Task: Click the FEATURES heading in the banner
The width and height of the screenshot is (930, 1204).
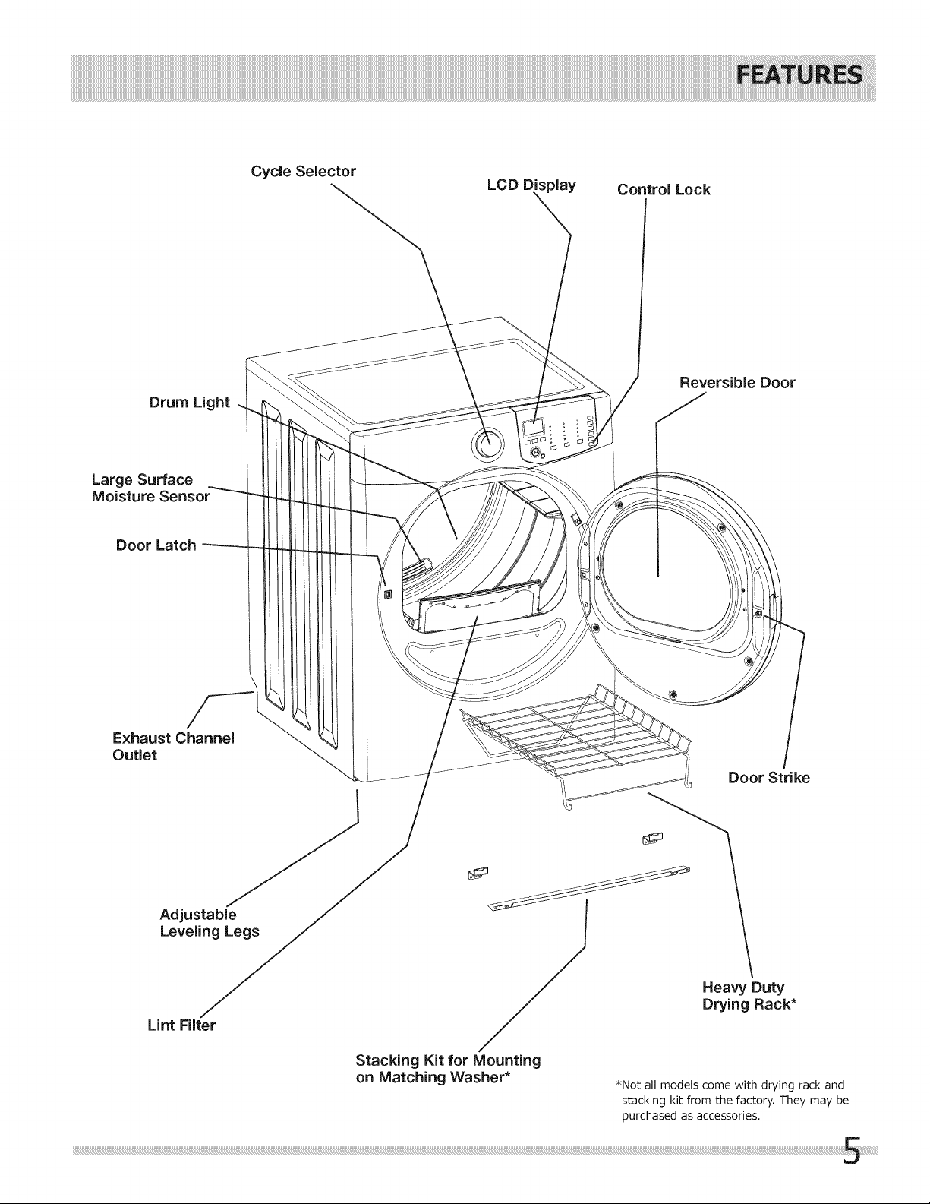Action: coord(799,75)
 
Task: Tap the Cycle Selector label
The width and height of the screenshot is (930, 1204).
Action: coord(304,171)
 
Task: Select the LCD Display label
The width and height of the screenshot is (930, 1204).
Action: coord(531,185)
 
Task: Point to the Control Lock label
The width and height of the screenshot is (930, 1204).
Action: coord(664,189)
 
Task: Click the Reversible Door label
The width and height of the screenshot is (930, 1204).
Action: coord(737,382)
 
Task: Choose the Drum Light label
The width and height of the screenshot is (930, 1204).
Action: coord(189,403)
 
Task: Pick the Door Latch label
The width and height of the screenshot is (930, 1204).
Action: coord(156,545)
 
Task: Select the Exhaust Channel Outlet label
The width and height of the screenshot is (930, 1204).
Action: coord(173,747)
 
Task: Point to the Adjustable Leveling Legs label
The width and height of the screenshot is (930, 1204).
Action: coord(210,922)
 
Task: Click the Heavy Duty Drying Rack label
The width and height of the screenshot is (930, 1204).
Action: coord(749,996)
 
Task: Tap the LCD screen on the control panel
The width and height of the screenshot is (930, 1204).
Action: coord(532,427)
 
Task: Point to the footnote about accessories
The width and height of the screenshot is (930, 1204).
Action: coord(732,1100)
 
